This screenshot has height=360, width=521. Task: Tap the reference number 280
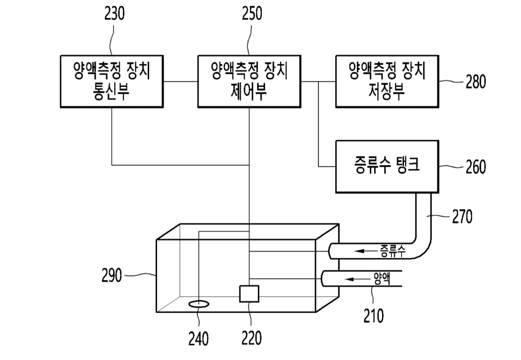[475, 82]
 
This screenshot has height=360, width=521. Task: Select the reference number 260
[475, 167]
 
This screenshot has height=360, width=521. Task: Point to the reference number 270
[462, 217]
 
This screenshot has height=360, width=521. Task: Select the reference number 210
[373, 316]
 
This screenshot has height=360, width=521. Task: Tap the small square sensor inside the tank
[249, 294]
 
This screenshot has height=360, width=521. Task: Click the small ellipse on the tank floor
[199, 304]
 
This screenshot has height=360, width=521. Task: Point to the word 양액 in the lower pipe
[382, 279]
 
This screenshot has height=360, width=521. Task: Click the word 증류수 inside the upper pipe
[392, 251]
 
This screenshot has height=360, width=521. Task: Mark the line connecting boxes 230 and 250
[180, 81]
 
